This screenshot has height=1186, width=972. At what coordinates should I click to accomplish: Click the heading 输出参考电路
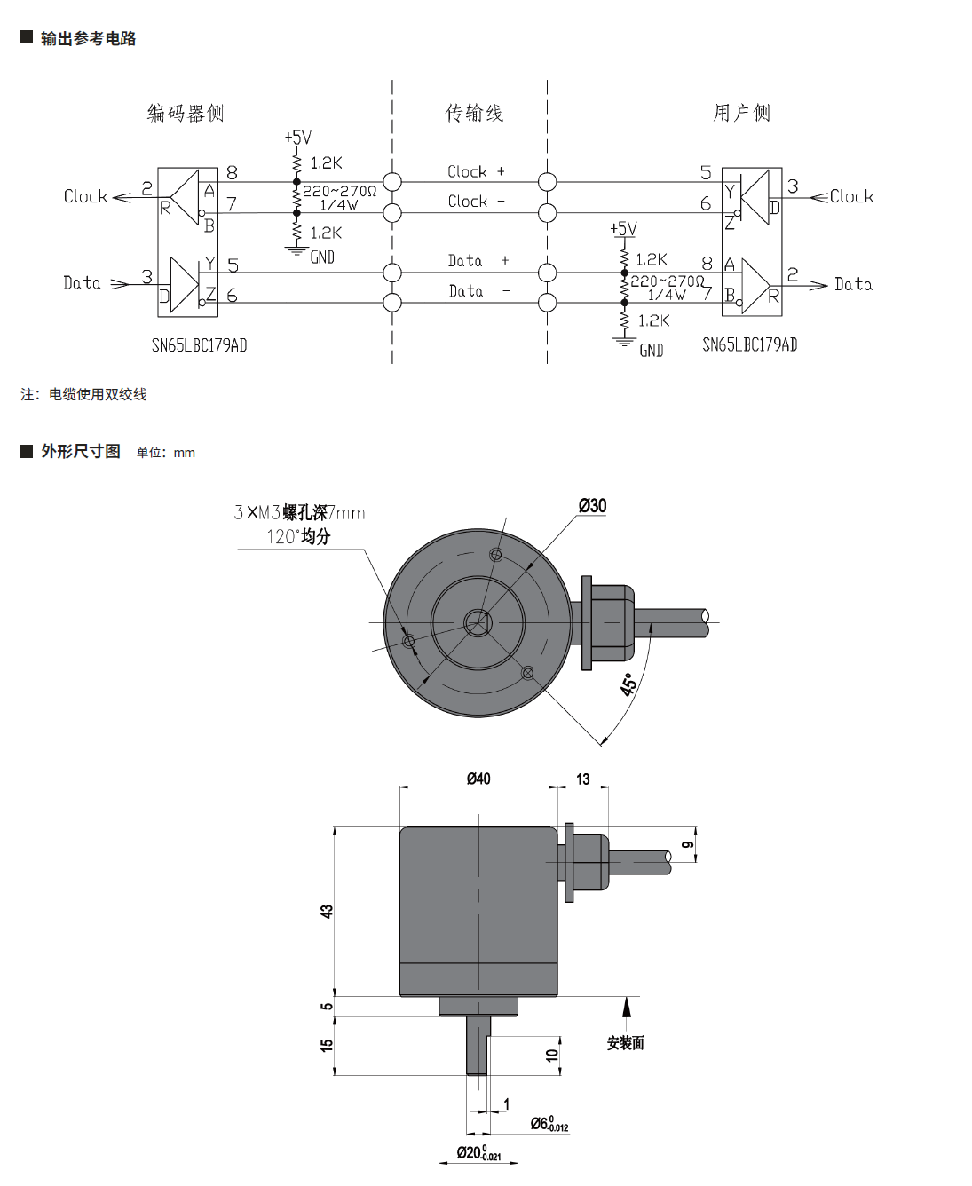click(x=88, y=38)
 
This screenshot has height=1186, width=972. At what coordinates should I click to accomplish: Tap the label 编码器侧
click(x=186, y=113)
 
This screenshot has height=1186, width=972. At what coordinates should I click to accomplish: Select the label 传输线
click(x=474, y=113)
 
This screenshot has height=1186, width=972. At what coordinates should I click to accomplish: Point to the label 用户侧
click(x=742, y=113)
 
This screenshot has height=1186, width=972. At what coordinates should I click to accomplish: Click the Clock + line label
click(x=476, y=171)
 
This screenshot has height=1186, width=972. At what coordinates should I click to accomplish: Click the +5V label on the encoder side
click(x=298, y=138)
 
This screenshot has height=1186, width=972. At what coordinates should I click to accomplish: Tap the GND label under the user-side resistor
click(x=652, y=351)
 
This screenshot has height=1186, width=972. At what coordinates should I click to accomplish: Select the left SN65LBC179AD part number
click(x=199, y=345)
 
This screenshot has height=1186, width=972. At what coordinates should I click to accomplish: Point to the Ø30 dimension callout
click(x=592, y=506)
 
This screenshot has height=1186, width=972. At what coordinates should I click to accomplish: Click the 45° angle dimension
click(x=628, y=684)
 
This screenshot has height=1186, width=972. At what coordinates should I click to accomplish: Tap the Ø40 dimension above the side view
click(x=478, y=779)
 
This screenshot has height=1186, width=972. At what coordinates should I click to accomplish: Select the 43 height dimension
click(x=327, y=911)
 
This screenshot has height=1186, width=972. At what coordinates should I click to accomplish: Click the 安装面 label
click(x=626, y=1043)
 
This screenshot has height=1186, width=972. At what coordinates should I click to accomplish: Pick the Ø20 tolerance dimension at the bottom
click(x=479, y=1153)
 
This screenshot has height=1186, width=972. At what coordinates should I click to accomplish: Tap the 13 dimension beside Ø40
click(x=582, y=779)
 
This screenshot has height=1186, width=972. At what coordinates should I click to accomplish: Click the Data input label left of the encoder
click(x=83, y=283)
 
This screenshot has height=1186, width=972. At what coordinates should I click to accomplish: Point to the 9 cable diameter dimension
click(x=687, y=845)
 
